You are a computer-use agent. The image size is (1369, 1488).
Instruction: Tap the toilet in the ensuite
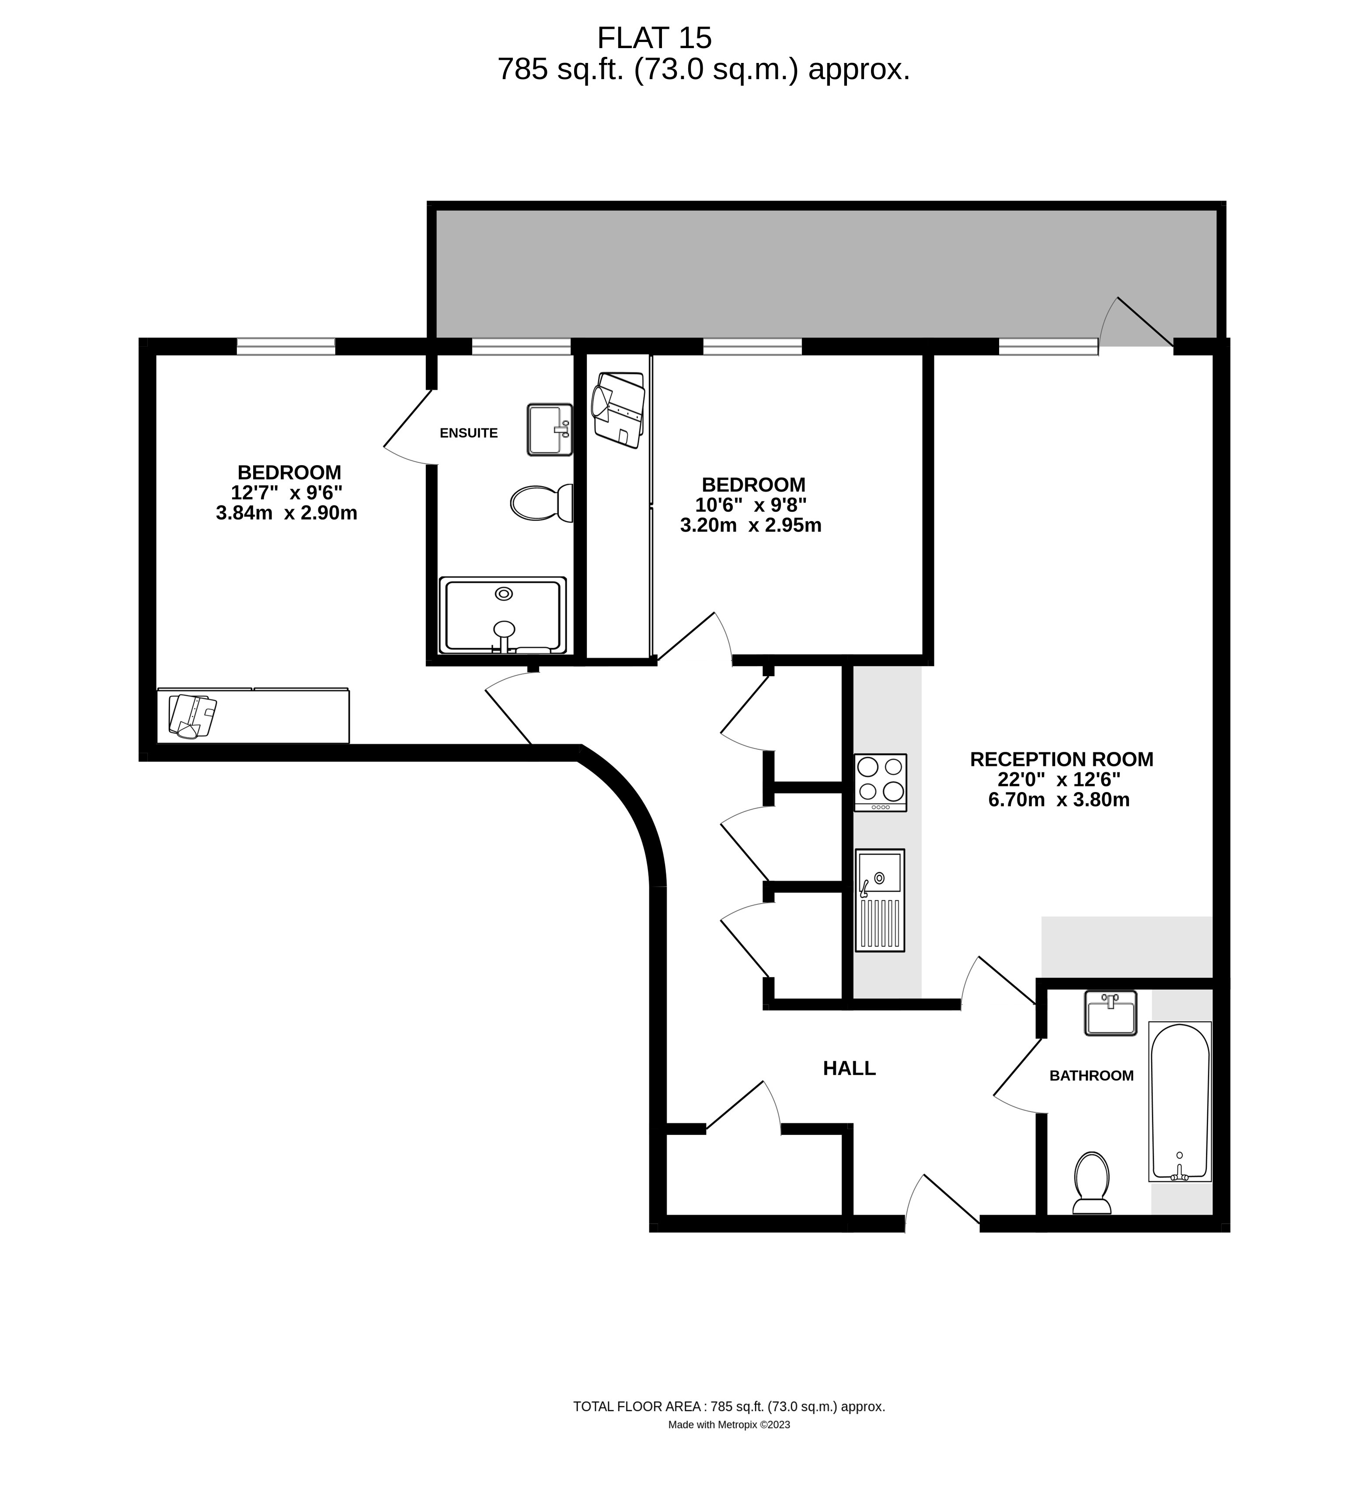[542, 503]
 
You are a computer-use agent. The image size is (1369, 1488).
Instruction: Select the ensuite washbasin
[550, 430]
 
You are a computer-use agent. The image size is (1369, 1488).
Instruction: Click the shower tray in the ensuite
[502, 615]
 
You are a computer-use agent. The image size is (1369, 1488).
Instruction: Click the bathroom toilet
[1092, 1183]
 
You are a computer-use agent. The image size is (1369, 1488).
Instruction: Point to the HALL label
[849, 1068]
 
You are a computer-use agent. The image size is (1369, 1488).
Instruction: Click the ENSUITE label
[468, 433]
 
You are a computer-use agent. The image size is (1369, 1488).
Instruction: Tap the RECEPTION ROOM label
[1062, 759]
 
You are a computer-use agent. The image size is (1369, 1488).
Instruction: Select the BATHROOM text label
[1091, 1075]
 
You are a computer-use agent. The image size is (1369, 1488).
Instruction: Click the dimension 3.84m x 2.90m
[287, 513]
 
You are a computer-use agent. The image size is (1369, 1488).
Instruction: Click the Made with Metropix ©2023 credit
[729, 1424]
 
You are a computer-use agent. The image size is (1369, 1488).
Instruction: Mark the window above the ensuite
[522, 346]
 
